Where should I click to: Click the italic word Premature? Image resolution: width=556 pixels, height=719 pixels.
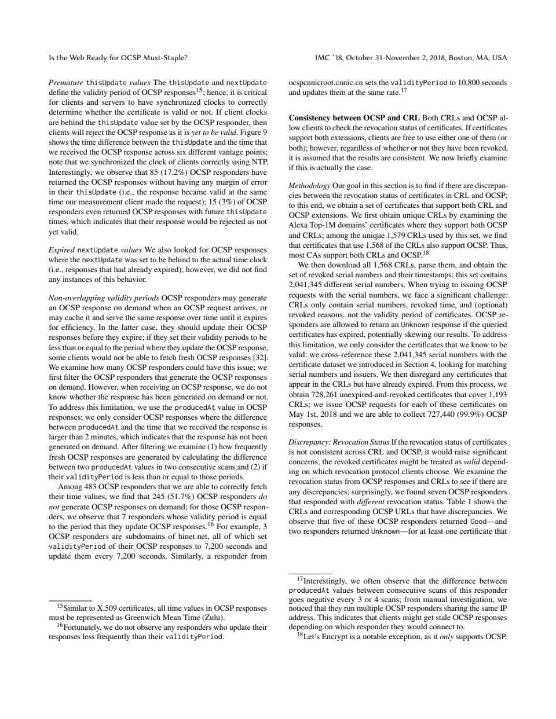click(x=67, y=83)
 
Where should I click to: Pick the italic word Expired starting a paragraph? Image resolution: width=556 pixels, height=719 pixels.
click(x=61, y=251)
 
